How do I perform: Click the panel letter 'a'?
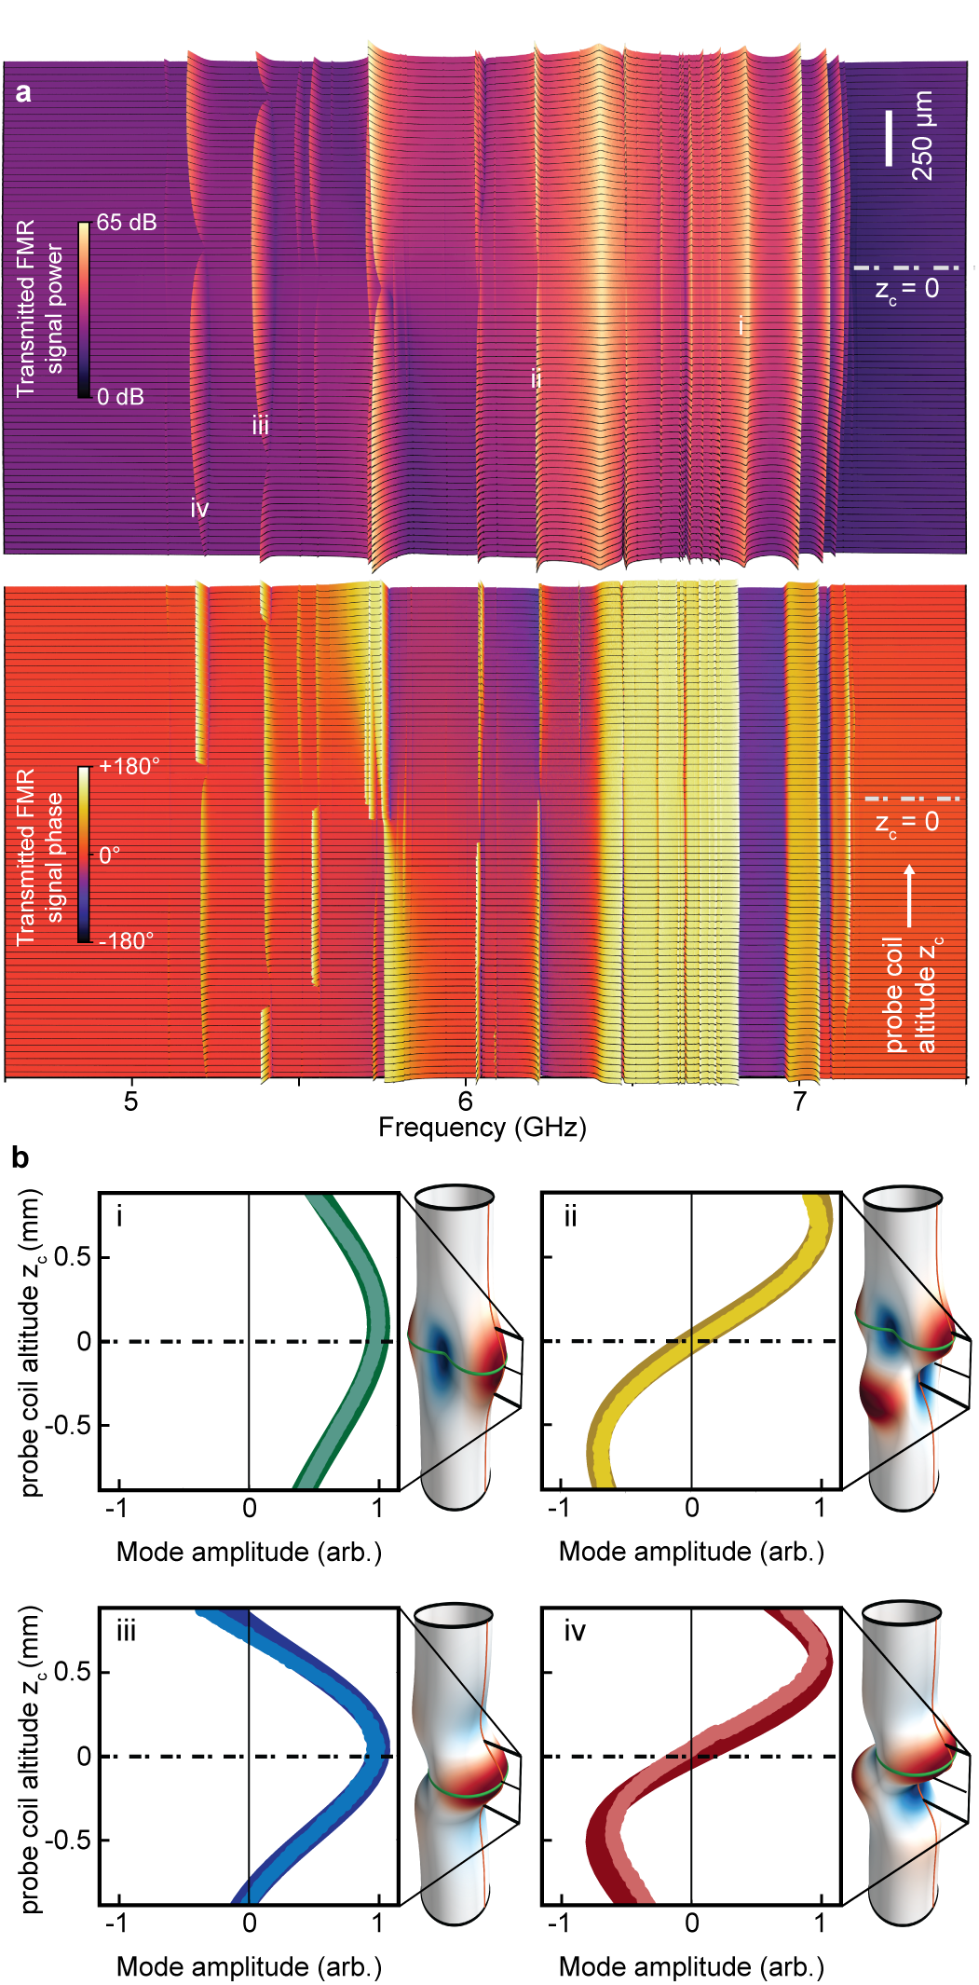click(23, 93)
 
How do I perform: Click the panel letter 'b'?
click(20, 1158)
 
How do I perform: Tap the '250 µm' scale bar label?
click(921, 135)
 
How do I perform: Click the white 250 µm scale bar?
click(889, 138)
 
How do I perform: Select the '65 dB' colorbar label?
click(127, 223)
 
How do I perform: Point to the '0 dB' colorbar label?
click(121, 397)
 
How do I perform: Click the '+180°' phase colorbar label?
click(129, 766)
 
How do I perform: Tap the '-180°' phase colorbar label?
click(126, 940)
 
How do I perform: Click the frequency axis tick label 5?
click(131, 1102)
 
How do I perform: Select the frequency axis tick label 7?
click(799, 1102)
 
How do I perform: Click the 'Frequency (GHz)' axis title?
click(482, 1128)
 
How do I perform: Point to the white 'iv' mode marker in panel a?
click(199, 509)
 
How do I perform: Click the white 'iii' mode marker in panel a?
click(261, 427)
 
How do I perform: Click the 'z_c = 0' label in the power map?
click(906, 290)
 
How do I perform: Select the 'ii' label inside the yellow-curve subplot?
click(570, 1216)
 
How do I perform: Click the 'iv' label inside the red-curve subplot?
click(575, 1631)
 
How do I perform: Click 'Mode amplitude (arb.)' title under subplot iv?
click(691, 1966)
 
